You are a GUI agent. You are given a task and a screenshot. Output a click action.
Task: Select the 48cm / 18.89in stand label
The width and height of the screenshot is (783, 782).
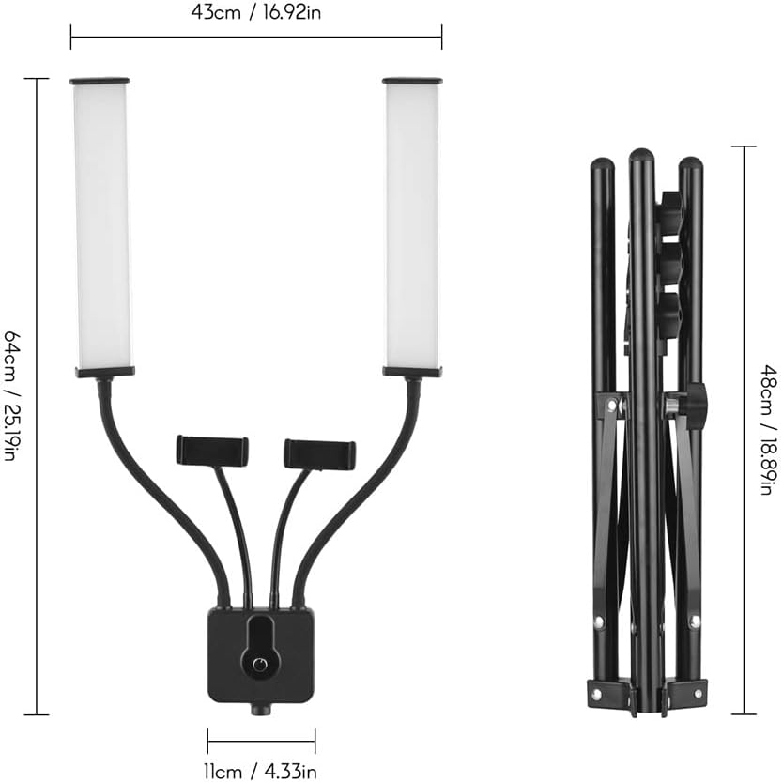pyautogui.click(x=768, y=430)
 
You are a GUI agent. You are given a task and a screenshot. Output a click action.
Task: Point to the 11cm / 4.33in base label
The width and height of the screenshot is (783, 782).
pyautogui.click(x=261, y=772)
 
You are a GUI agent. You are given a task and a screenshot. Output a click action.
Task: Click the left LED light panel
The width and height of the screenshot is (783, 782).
pyautogui.click(x=101, y=225)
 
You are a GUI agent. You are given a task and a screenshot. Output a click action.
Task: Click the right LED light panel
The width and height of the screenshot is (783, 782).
pyautogui.click(x=412, y=225)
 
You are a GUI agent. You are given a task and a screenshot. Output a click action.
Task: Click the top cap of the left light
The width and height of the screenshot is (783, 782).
pyautogui.click(x=100, y=82)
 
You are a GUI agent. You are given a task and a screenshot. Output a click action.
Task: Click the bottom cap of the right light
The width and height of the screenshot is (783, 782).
pyautogui.click(x=412, y=372)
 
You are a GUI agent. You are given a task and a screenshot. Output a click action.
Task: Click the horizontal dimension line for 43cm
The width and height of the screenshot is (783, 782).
pyautogui.click(x=255, y=38)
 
